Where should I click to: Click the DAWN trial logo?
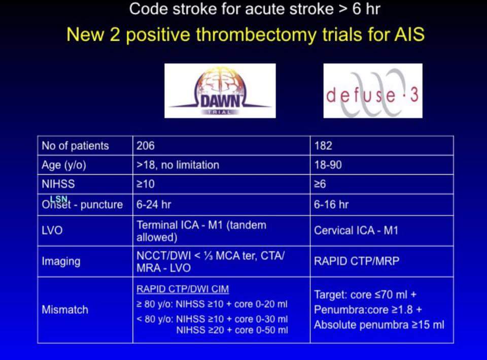point(220,91)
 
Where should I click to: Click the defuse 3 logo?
point(373,91)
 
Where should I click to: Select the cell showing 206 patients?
point(222,146)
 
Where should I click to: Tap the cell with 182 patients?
point(381,146)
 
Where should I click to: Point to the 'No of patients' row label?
point(75,146)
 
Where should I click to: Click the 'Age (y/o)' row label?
point(64,165)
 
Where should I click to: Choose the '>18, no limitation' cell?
point(222,165)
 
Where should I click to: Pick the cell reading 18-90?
point(381,165)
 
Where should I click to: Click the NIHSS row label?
point(58,184)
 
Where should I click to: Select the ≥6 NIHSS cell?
point(381,184)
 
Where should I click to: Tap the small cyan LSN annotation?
point(59,199)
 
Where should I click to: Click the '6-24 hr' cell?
point(222,205)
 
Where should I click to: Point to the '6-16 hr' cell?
point(381,205)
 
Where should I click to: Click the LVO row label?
point(52,231)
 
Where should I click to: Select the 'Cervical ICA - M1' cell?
point(381,231)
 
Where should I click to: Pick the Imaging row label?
point(61,261)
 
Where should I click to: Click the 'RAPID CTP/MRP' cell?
point(381,261)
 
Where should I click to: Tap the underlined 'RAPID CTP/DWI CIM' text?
point(183,289)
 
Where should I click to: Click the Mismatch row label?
point(65,310)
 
